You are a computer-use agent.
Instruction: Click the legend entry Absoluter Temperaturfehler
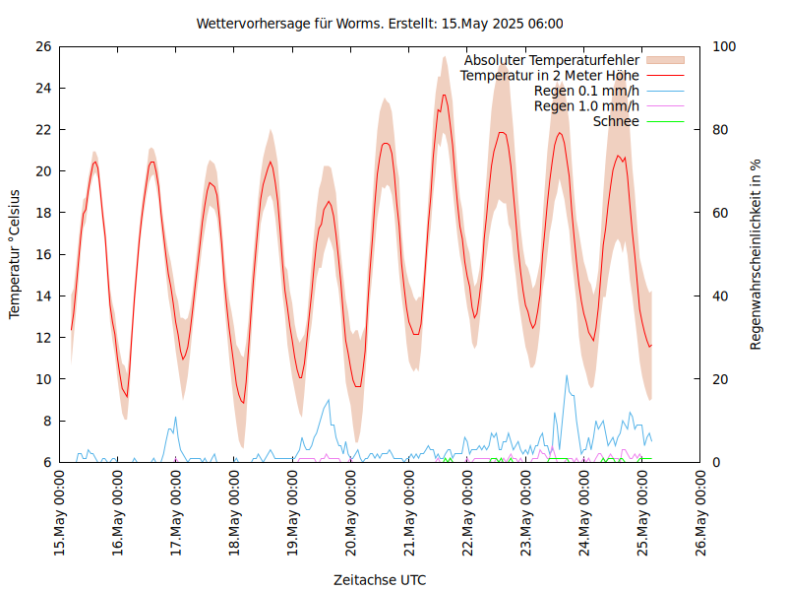pyautogui.click(x=552, y=60)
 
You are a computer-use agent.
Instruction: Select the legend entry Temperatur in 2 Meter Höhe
pyautogui.click(x=550, y=76)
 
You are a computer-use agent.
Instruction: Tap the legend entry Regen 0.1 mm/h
pyautogui.click(x=586, y=91)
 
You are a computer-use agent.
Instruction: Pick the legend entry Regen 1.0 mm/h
pyautogui.click(x=586, y=106)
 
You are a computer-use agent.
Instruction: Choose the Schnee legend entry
pyautogui.click(x=617, y=121)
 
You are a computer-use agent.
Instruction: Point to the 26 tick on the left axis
pyautogui.click(x=42, y=46)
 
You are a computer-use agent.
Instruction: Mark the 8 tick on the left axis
pyautogui.click(x=46, y=421)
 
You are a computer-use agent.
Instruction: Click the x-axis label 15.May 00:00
pyautogui.click(x=60, y=512)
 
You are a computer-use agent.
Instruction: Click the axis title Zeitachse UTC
pyautogui.click(x=380, y=579)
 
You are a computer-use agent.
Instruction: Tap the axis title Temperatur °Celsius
pyautogui.click(x=15, y=254)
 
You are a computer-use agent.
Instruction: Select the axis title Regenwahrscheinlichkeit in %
pyautogui.click(x=757, y=254)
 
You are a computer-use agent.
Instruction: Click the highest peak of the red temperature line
pyautogui.click(x=445, y=95)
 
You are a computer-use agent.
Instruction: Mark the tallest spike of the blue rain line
pyautogui.click(x=567, y=375)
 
